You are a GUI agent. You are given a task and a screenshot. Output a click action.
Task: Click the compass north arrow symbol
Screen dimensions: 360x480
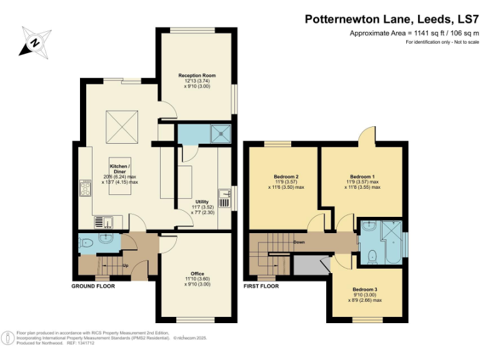[x=36, y=43]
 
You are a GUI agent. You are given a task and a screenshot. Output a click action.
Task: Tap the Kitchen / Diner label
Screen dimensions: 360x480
[x=120, y=169]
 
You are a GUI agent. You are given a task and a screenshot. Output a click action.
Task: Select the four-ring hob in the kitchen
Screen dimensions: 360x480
[x=85, y=187]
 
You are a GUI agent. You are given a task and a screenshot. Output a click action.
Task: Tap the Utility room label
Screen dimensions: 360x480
[x=201, y=202]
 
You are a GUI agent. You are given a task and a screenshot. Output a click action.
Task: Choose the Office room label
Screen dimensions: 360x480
[x=197, y=273]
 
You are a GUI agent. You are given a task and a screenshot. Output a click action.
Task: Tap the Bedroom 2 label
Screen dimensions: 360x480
[x=286, y=176]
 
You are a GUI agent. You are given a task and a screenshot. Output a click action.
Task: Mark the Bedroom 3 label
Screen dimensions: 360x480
[x=364, y=289]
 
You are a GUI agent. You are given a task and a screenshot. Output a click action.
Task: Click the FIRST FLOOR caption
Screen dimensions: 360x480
[x=261, y=286]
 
